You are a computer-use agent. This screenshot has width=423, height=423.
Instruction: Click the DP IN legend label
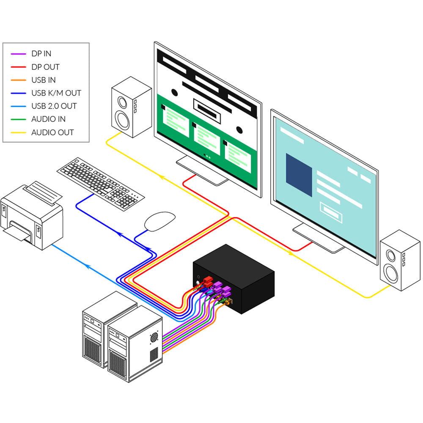click(x=41, y=54)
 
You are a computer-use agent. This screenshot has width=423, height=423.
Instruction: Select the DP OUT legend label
click(x=45, y=67)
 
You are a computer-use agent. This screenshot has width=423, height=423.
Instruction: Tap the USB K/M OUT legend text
click(x=56, y=93)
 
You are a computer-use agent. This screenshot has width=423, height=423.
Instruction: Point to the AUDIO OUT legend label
click(x=52, y=132)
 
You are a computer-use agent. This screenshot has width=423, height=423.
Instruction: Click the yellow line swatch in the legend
click(x=18, y=132)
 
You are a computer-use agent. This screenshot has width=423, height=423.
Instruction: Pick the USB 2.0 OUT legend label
click(x=54, y=106)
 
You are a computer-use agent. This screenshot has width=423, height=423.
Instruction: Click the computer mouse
click(x=159, y=221)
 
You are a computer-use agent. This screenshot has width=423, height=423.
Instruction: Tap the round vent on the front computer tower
click(x=154, y=337)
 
